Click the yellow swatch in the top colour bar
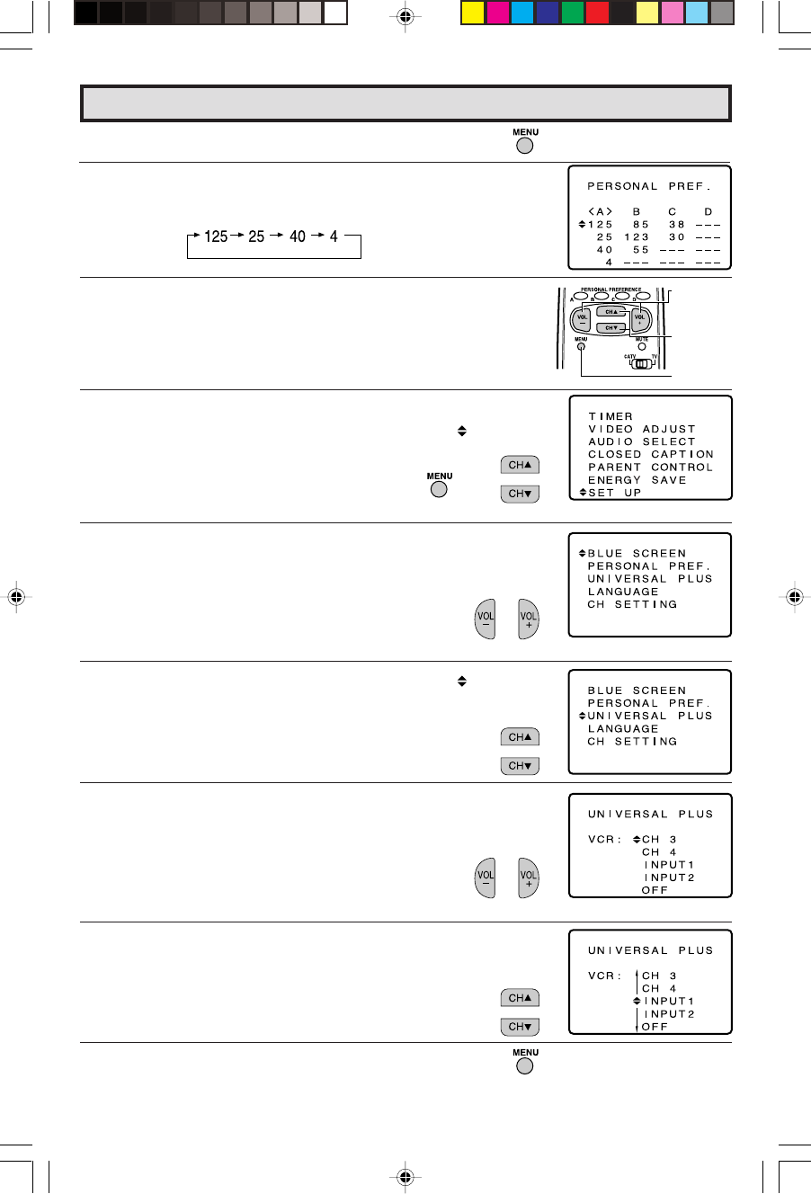click(472, 13)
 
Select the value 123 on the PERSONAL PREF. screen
click(637, 237)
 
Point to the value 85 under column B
click(641, 225)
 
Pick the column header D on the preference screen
click(709, 212)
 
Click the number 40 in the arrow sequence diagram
click(298, 236)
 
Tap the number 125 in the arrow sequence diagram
click(216, 236)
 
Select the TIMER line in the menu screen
click(610, 416)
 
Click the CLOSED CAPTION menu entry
click(650, 454)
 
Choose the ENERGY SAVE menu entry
click(637, 480)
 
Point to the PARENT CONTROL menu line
click(650, 468)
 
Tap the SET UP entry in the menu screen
click(614, 493)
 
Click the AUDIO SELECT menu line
click(641, 441)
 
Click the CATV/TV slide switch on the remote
click(640, 364)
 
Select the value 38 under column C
click(677, 225)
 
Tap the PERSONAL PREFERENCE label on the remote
click(611, 290)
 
